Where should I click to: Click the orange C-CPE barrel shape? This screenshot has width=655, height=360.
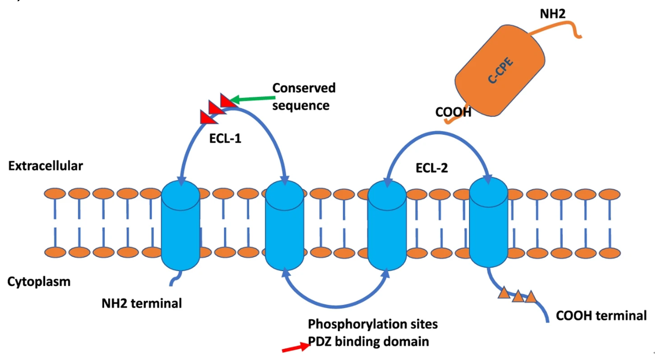coord(500,71)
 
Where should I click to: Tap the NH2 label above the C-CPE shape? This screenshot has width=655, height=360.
coord(552,14)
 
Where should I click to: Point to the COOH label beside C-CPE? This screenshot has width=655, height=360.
coord(453,112)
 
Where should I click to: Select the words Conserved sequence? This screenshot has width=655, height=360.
coord(304,96)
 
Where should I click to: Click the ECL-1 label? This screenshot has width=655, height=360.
coord(225,138)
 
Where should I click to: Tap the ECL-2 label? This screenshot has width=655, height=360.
coord(431,168)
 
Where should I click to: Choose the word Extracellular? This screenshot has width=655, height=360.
coord(46,166)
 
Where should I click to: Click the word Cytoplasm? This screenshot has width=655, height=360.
coord(39,282)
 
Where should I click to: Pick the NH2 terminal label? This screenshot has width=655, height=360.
coord(142,303)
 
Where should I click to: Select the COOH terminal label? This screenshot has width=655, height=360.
coord(601,316)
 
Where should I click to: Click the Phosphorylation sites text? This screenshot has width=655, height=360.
coord(373,324)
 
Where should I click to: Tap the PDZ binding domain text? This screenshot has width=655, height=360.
coord(368,341)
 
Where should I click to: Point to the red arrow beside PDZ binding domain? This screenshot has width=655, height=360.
coord(296,348)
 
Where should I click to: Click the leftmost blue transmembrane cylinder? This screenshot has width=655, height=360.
coord(181,225)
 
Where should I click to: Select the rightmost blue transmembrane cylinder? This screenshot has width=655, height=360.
coord(488,222)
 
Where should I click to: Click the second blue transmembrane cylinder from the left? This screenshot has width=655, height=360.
coord(284,225)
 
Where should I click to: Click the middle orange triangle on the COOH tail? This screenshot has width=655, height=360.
coord(518,296)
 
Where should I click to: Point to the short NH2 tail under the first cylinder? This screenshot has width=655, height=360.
coord(176,278)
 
